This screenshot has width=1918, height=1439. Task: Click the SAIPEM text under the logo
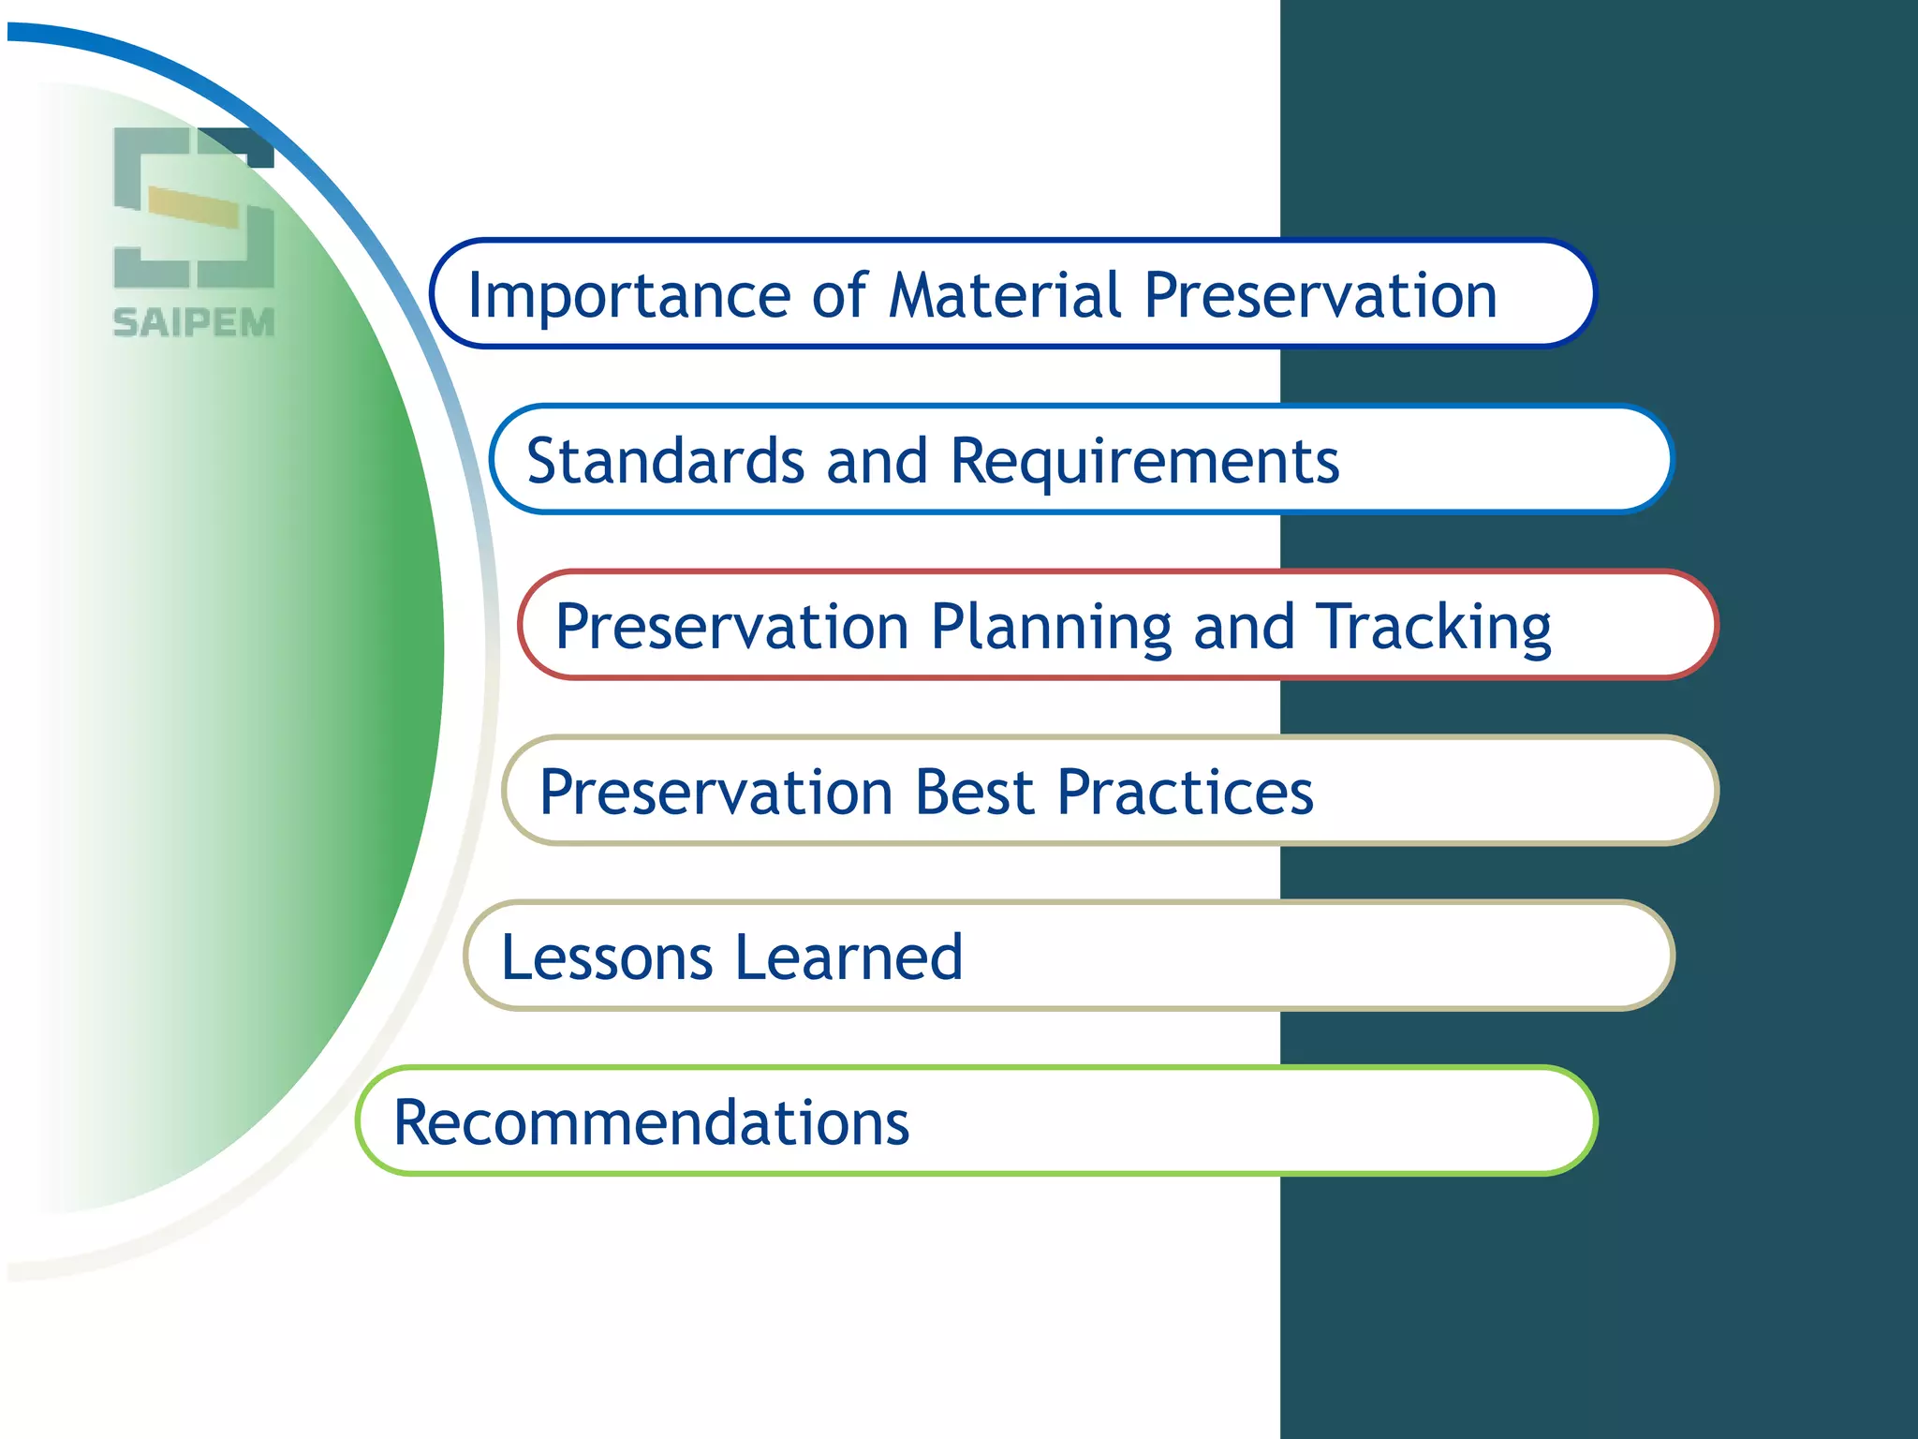(x=194, y=323)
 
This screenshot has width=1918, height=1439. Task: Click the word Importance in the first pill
(x=628, y=297)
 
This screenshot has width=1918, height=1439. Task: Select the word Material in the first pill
(x=1005, y=295)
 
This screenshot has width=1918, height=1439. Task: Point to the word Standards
(x=666, y=461)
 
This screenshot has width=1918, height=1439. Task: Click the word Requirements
(x=1144, y=463)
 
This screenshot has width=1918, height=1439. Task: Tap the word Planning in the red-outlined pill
(x=1051, y=628)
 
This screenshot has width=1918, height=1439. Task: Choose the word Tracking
(x=1433, y=628)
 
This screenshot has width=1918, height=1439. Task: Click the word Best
(x=975, y=793)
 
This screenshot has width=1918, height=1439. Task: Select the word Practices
(x=1185, y=793)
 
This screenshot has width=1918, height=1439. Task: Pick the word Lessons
(x=607, y=957)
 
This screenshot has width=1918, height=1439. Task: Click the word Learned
(x=848, y=957)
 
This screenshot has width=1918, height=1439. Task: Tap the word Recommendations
(x=651, y=1122)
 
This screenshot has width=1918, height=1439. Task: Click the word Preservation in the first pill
(x=1320, y=296)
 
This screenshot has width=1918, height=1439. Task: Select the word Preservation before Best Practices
(x=716, y=793)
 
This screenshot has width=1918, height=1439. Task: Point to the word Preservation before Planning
(x=732, y=628)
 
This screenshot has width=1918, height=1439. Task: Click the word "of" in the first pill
(x=839, y=295)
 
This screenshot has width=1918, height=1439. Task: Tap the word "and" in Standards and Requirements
(x=877, y=461)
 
